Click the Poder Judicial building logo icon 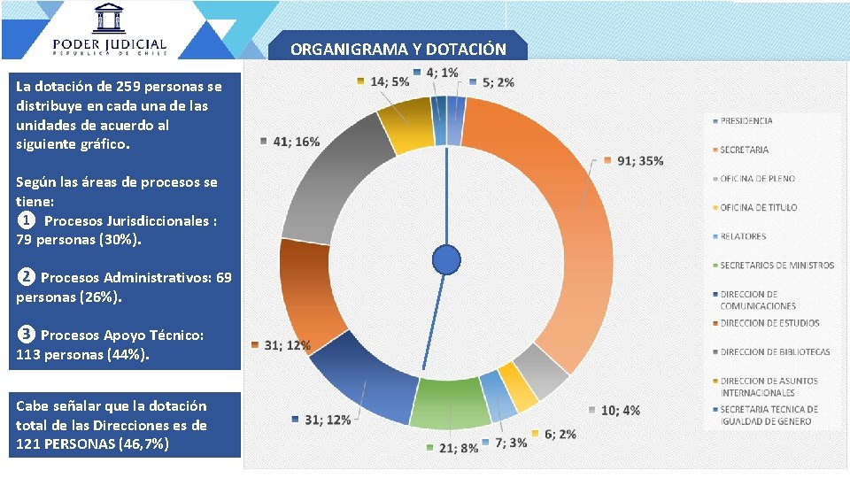point(110,18)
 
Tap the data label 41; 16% point(297,142)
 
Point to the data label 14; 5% point(389,81)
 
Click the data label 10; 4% point(620,411)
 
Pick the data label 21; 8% point(458,448)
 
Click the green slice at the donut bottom point(452,403)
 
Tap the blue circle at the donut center point(446,259)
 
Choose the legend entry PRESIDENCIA point(746,120)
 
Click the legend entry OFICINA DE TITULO point(758,207)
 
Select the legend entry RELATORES point(743,236)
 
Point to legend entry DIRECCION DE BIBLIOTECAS point(775,351)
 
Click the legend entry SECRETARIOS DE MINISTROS point(777,266)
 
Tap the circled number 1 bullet point(27,220)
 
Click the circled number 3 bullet point(27,335)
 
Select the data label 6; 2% point(560,434)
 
